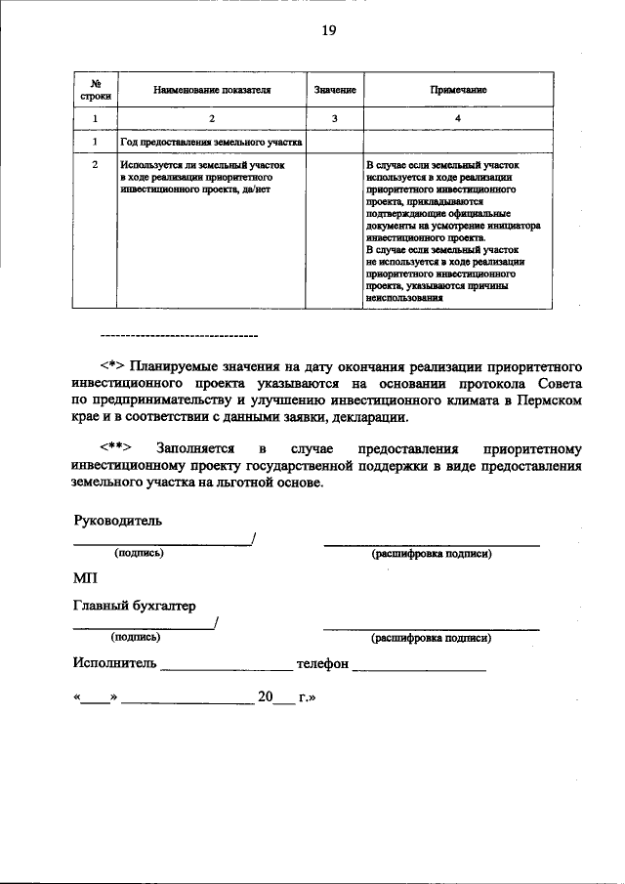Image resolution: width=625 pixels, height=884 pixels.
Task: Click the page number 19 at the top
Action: click(329, 31)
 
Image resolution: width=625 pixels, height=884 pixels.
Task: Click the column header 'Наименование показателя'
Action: click(211, 90)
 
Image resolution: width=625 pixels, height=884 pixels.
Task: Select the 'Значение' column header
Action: click(334, 90)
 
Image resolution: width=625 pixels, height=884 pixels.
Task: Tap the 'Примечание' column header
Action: click(458, 90)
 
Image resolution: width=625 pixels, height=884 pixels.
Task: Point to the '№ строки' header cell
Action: click(96, 90)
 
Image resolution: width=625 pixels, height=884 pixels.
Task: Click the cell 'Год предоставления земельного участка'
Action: click(211, 143)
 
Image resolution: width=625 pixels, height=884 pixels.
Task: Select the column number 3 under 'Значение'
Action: click(334, 118)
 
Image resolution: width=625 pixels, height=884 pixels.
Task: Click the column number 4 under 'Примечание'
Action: click(458, 118)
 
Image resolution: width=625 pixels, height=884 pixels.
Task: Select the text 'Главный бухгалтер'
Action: click(135, 606)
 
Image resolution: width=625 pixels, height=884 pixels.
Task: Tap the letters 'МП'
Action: click(86, 577)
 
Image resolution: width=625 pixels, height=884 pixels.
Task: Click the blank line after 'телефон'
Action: click(419, 668)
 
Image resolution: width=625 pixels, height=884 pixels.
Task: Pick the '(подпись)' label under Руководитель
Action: click(139, 553)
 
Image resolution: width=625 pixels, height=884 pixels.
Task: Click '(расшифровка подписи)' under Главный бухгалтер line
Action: click(431, 639)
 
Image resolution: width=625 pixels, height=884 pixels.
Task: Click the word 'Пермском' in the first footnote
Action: click(551, 400)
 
